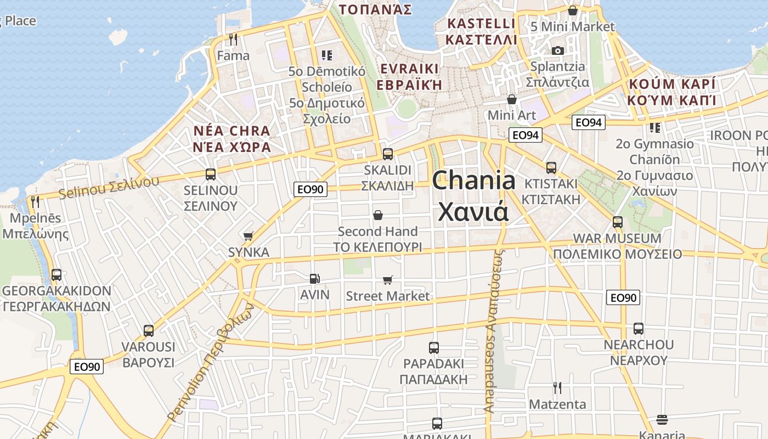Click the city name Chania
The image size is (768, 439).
tap(474, 181)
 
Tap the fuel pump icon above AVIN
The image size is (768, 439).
tap(314, 279)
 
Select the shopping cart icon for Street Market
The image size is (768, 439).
tap(388, 280)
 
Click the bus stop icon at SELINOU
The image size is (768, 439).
tap(211, 175)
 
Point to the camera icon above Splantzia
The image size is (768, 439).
tap(557, 50)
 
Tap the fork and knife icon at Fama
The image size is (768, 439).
tap(233, 40)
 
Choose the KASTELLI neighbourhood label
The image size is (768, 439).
tap(481, 24)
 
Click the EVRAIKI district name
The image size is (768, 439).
tap(409, 69)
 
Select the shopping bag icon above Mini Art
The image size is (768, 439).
tap(512, 99)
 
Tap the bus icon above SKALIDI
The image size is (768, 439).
tap(388, 154)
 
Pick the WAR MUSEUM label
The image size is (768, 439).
tap(617, 239)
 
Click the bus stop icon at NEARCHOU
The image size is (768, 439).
tap(639, 329)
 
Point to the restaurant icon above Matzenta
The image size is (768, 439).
tap(557, 388)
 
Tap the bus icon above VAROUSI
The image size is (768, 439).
tap(149, 331)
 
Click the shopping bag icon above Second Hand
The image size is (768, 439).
tap(377, 215)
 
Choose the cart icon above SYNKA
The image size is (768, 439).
tap(249, 236)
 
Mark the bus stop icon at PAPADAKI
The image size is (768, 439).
tap(434, 347)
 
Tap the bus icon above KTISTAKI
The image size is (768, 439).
tap(551, 168)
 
